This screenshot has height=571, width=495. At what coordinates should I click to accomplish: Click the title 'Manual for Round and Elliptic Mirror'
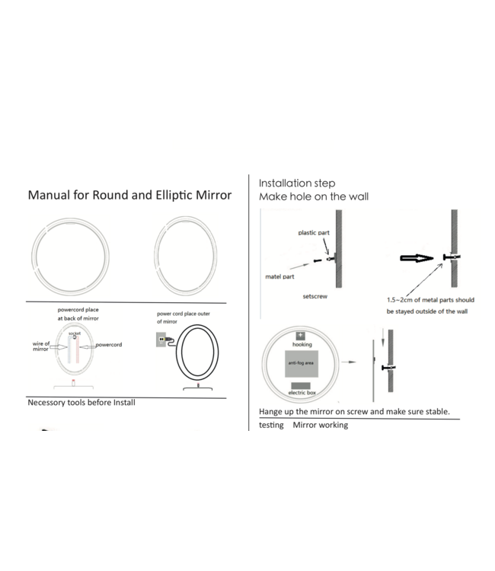pos(129,195)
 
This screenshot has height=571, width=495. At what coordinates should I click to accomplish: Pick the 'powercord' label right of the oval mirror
pos(109,345)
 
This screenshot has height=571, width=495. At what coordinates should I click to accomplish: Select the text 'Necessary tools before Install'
pos(81,401)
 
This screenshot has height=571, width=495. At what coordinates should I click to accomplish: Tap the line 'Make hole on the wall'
pos(313,196)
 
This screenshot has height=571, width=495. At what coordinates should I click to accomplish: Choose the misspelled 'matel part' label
pos(279,278)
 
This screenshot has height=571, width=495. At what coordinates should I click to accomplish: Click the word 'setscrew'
pos(315,295)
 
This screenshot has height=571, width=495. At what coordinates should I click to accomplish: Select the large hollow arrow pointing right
pos(415,258)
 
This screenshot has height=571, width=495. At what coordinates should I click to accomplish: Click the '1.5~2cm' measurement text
pos(400,300)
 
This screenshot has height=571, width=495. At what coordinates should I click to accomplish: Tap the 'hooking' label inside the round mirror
pos(302,345)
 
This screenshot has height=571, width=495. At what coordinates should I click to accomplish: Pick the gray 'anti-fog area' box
pos(302,363)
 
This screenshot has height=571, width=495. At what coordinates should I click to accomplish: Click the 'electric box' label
pos(302,392)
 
